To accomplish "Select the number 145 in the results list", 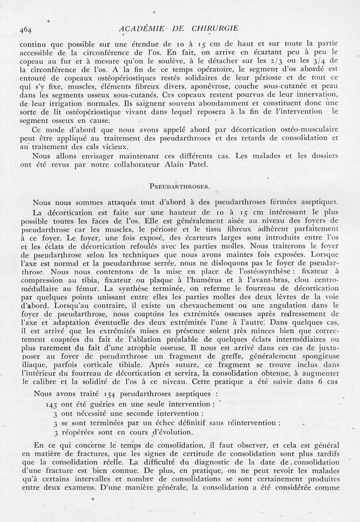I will pyautogui.click(x=53, y=404).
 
